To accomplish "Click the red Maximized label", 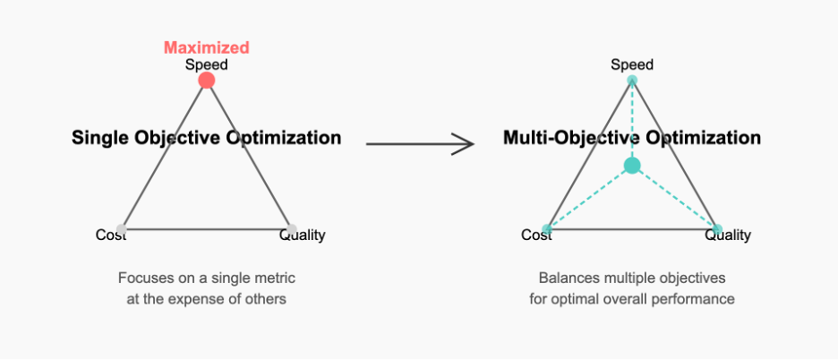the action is (x=206, y=47).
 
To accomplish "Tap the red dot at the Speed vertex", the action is (x=206, y=81).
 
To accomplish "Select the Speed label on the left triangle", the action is (x=206, y=64).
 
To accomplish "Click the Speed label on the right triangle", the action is (x=632, y=64).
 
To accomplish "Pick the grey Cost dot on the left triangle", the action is (x=122, y=229).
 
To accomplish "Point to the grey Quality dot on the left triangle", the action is (x=291, y=229).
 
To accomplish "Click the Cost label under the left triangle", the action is (x=111, y=235).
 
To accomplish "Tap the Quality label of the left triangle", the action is (x=303, y=235).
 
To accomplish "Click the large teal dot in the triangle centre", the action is (x=632, y=166).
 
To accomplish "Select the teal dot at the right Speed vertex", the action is (x=632, y=81).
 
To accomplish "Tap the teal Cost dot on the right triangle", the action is (x=547, y=229).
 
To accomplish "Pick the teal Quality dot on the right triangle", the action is (x=717, y=229).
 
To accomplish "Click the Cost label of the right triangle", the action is (x=536, y=235).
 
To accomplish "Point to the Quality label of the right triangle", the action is (x=728, y=235).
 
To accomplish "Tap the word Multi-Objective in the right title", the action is (x=572, y=138).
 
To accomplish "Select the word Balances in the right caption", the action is (x=562, y=279).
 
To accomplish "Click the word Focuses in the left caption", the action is (x=139, y=279).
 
